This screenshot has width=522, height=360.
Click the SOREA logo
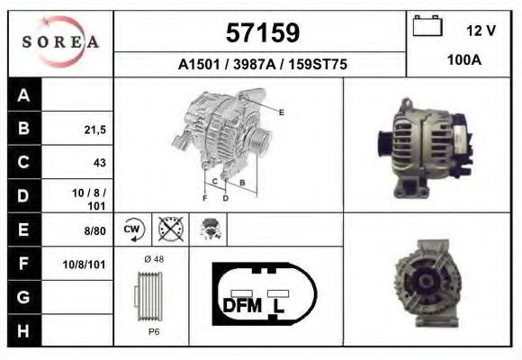60,42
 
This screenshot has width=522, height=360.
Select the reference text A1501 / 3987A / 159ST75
263,65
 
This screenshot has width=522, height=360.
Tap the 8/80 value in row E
94,230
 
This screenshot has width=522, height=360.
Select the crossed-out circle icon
168,229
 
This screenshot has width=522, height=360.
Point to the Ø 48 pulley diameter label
153,259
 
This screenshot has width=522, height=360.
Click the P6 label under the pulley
153,331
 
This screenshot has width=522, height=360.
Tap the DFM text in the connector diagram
241,306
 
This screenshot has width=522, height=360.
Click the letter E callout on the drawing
282,112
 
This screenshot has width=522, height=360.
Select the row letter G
24,297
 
